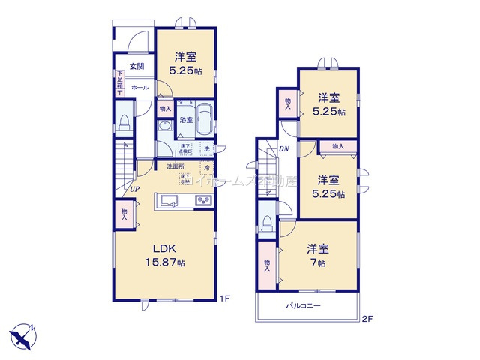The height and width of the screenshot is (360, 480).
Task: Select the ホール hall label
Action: [139, 88]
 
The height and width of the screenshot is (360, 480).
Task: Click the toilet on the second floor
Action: [268, 224]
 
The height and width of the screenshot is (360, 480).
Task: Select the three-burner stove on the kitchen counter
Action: [203, 201]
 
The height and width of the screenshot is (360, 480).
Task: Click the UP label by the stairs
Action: [133, 189]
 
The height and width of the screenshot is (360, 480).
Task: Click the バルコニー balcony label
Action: [303, 306]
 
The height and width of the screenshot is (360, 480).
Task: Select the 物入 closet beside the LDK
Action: [124, 214]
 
